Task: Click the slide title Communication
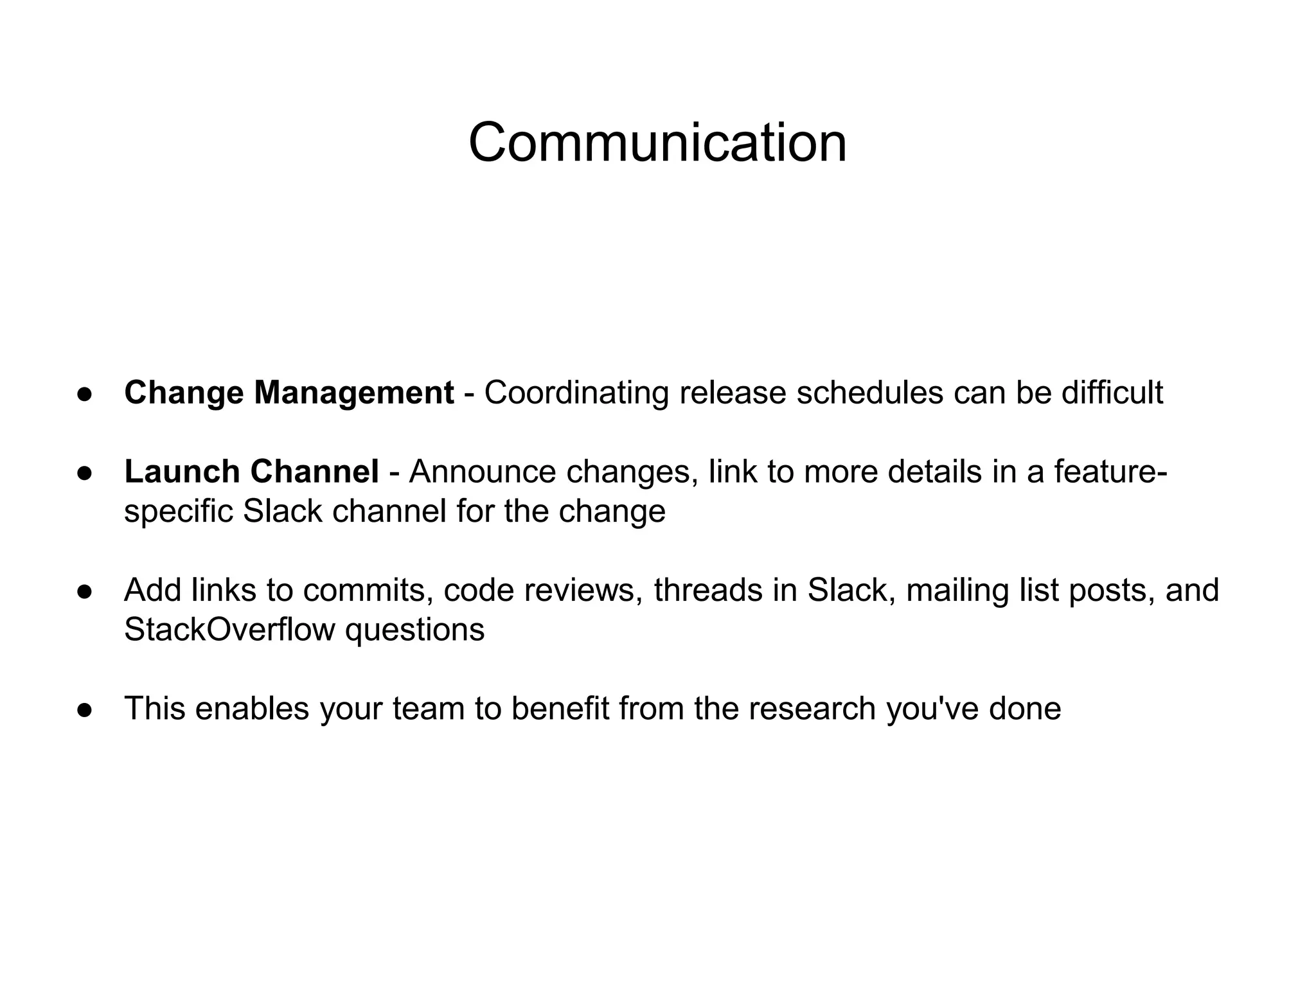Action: click(657, 143)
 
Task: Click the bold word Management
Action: click(353, 393)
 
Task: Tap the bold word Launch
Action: click(182, 472)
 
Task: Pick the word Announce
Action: click(482, 472)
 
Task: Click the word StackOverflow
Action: click(229, 630)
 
